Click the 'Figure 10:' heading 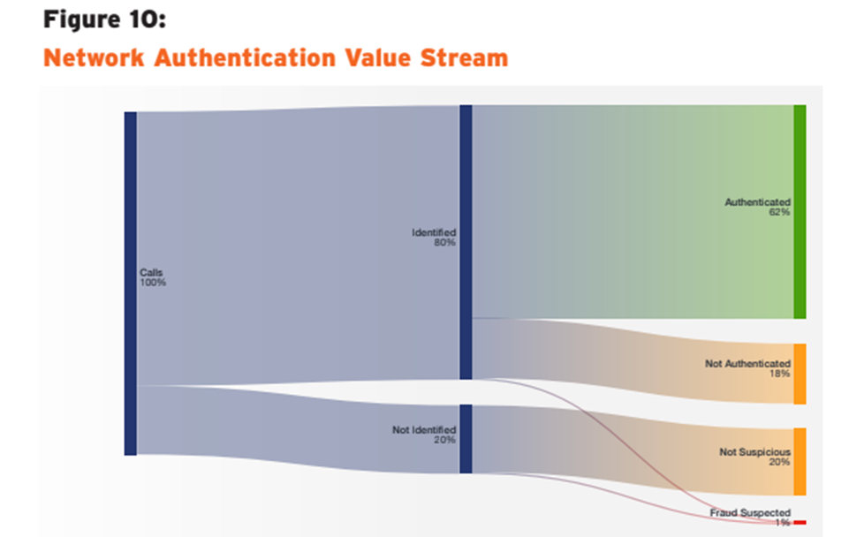(104, 19)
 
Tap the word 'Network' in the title (94, 58)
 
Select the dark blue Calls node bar (131, 283)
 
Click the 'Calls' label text (151, 273)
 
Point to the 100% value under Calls (153, 283)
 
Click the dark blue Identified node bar (466, 242)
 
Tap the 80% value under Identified (444, 242)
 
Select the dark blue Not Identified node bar (466, 439)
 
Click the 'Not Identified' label (424, 430)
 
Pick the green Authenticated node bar (800, 212)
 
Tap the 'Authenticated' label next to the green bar (757, 202)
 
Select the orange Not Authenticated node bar (800, 374)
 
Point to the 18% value (779, 374)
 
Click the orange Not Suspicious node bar (800, 461)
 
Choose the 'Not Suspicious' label (754, 452)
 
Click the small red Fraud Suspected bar (800, 523)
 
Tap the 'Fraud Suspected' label (750, 513)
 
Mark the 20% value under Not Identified (444, 440)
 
